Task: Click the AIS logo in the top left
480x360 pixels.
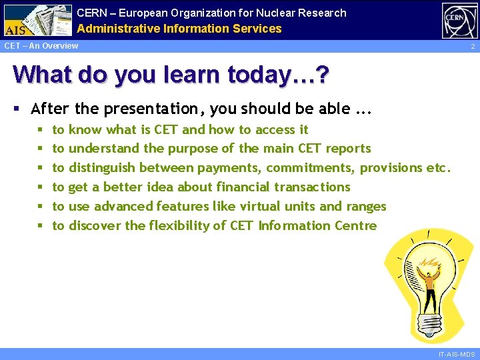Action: (x=37, y=20)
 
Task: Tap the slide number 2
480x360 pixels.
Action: (x=472, y=47)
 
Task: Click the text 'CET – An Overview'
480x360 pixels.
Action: (x=41, y=46)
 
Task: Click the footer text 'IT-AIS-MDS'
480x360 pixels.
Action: (x=456, y=355)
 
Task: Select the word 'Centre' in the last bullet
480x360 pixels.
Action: (x=355, y=226)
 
